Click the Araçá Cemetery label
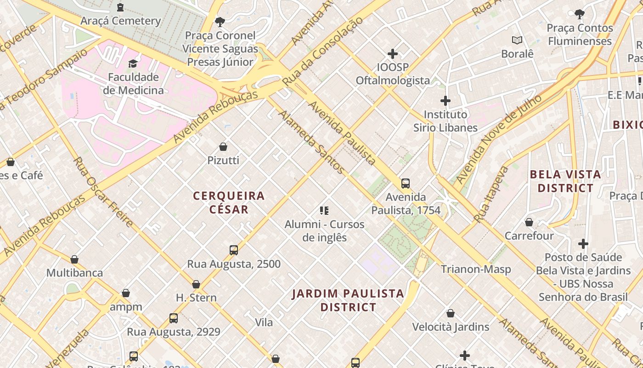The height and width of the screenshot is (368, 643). point(120,21)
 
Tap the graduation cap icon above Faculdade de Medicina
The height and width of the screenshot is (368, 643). point(133,63)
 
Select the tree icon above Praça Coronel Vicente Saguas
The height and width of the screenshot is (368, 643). point(220,22)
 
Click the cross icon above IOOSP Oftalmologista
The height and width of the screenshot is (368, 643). point(392,54)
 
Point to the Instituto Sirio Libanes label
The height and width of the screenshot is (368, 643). point(445,121)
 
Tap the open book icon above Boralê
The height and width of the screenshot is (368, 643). point(517,40)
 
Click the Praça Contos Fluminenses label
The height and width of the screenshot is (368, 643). point(580,34)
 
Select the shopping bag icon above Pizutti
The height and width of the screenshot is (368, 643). point(223,147)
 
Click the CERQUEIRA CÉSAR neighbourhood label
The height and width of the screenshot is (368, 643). point(229,202)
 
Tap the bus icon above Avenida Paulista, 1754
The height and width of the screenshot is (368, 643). point(406,184)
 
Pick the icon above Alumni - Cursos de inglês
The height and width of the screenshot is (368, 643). point(324,211)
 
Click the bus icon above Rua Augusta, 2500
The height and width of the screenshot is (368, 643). point(234,250)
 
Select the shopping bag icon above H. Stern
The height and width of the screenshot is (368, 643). point(196,284)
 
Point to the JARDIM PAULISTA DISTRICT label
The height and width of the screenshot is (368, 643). point(348,300)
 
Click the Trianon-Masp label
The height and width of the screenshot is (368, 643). point(476,269)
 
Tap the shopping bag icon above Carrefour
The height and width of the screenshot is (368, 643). point(529,222)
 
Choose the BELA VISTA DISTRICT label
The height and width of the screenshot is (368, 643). point(565,181)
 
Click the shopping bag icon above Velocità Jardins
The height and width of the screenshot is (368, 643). point(451,313)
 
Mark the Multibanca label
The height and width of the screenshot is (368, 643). point(74,273)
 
